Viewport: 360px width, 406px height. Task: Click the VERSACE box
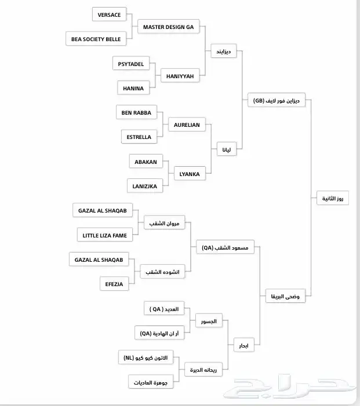pyautogui.click(x=110, y=15)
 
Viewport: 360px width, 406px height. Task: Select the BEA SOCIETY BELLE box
pyautogui.click(x=96, y=39)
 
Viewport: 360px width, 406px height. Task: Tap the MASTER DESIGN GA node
pyautogui.click(x=169, y=27)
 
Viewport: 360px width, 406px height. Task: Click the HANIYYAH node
pyautogui.click(x=180, y=76)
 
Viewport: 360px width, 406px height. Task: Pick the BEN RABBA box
pyautogui.click(x=136, y=112)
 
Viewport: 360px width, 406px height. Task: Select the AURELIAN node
pyautogui.click(x=187, y=125)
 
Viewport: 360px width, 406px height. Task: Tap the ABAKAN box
pyautogui.click(x=146, y=162)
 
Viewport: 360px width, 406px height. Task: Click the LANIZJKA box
pyautogui.click(x=145, y=186)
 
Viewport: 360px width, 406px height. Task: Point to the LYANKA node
pyautogui.click(x=190, y=174)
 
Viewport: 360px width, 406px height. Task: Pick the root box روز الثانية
pyautogui.click(x=333, y=199)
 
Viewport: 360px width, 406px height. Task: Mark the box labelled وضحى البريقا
pyautogui.click(x=285, y=297)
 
